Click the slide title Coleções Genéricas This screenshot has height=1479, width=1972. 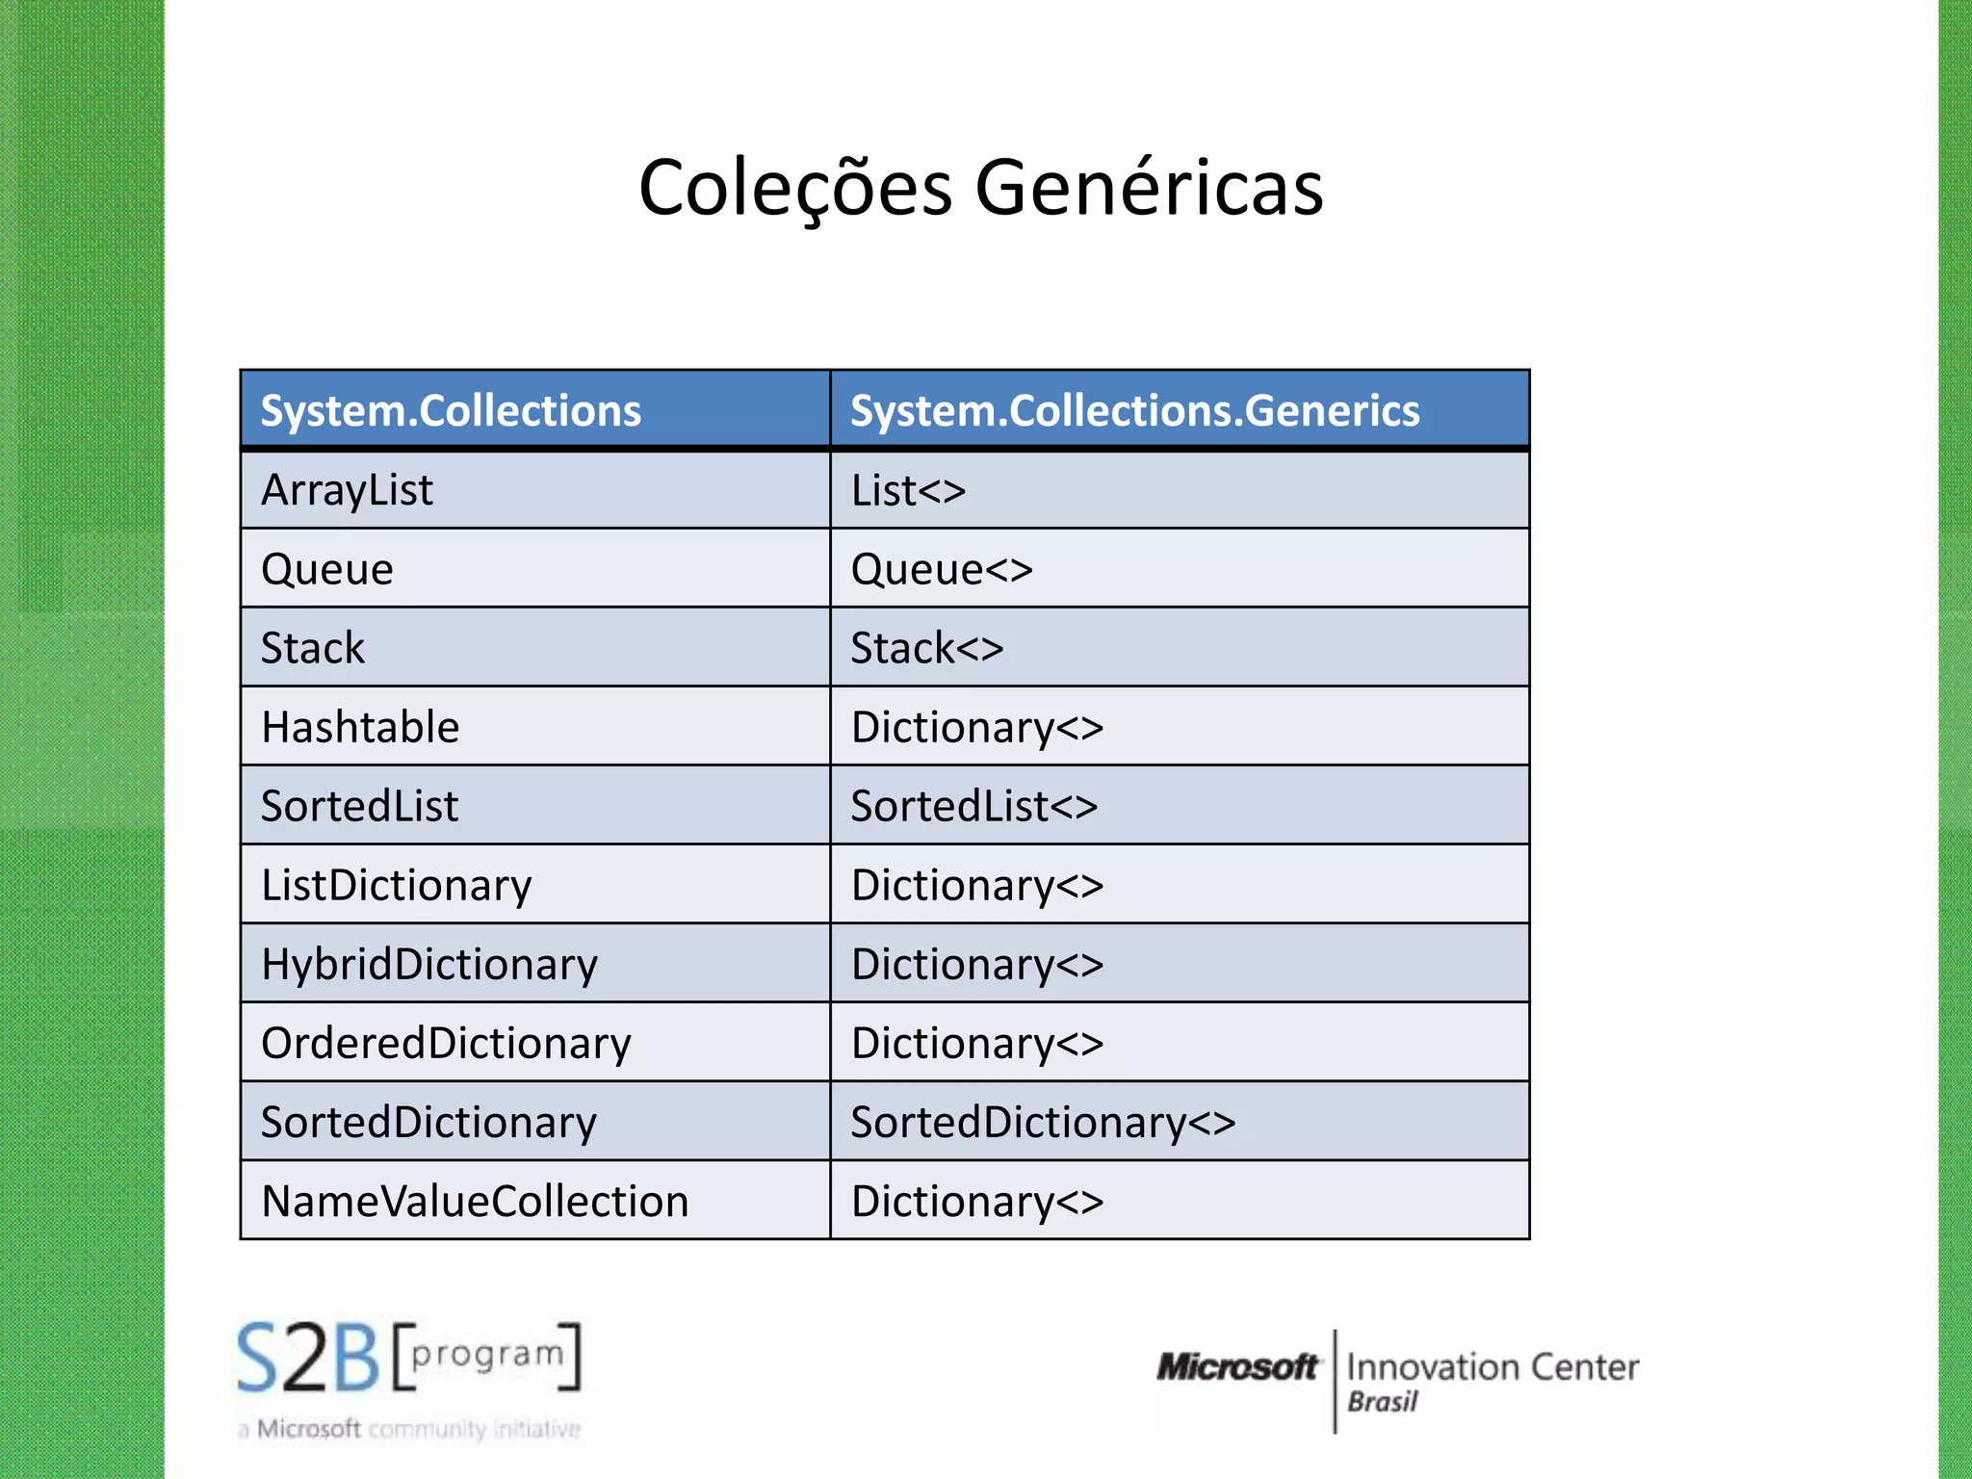(980, 187)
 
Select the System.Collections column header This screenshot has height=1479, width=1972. (451, 411)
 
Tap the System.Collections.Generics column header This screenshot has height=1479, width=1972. (1134, 411)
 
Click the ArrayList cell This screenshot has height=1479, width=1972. (347, 490)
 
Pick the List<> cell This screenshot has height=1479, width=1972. (908, 491)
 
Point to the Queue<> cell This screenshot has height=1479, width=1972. (941, 570)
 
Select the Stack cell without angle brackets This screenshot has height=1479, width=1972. (313, 648)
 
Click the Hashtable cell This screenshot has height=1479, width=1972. (360, 727)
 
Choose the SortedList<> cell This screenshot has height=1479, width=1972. (973, 806)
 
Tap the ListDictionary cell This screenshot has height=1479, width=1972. (396, 885)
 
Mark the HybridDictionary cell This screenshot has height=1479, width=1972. (429, 964)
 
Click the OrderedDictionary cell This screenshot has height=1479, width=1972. (446, 1043)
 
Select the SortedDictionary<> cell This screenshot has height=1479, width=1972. (1043, 1122)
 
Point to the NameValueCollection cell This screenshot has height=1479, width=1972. (475, 1201)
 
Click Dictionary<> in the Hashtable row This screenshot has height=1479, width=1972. (977, 727)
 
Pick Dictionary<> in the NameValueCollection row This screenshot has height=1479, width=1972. (977, 1201)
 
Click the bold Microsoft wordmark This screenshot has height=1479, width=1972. (1236, 1366)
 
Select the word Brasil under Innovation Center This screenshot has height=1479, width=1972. (1382, 1402)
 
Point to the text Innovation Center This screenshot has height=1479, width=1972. (1492, 1366)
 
